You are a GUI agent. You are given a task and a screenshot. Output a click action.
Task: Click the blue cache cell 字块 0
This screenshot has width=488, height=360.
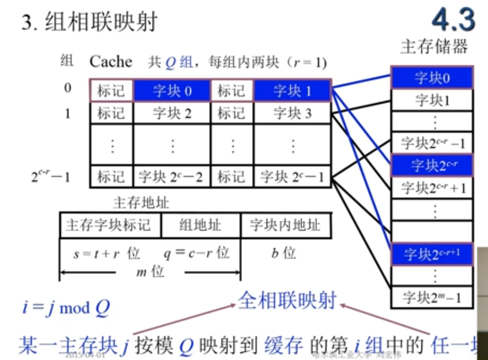(x=172, y=91)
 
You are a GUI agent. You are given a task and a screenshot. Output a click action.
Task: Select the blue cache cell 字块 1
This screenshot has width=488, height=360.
(x=292, y=91)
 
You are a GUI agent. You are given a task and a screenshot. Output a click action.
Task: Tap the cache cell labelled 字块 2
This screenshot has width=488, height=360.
(x=172, y=113)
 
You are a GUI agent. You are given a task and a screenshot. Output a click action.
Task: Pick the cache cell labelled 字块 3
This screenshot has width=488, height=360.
(x=292, y=113)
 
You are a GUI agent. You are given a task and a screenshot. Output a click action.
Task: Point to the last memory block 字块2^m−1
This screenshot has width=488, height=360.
(x=432, y=297)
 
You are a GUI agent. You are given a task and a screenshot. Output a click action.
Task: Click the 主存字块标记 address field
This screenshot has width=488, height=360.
(x=111, y=225)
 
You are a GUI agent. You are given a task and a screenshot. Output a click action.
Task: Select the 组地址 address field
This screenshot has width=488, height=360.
(x=201, y=225)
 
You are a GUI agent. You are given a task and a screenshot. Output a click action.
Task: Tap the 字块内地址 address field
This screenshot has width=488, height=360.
(x=285, y=225)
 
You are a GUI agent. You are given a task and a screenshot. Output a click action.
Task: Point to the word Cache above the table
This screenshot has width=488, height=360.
(x=111, y=61)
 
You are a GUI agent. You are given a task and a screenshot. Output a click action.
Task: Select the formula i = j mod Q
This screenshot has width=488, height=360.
(x=65, y=308)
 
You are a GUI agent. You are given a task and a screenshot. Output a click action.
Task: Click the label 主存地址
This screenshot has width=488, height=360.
(x=141, y=202)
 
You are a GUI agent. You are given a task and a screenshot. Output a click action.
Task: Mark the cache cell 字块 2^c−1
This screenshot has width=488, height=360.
(x=292, y=177)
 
